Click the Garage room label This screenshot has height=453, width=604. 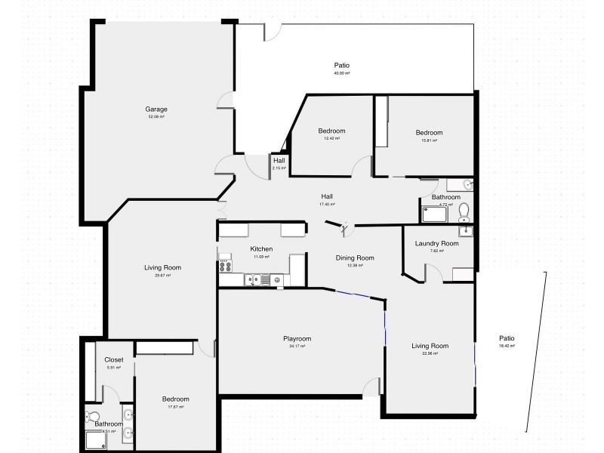[156, 109]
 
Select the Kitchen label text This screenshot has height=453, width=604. [261, 249]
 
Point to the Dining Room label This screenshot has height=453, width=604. [355, 257]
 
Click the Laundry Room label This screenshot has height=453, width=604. [436, 243]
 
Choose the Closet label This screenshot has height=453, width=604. [113, 360]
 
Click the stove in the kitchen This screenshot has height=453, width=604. [224, 265]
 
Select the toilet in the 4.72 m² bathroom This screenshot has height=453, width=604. [464, 210]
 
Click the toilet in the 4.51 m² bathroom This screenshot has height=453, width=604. [92, 416]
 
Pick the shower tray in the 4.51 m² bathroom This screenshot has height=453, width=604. [97, 439]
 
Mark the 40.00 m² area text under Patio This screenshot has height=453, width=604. [342, 74]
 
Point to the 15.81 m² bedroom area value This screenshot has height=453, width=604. [429, 140]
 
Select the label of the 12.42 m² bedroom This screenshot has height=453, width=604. [331, 131]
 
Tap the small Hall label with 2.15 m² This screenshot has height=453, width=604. [279, 160]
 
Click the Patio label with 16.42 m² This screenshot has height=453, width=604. [507, 338]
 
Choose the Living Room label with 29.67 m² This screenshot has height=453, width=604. [162, 267]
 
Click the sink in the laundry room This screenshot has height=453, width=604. [466, 230]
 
